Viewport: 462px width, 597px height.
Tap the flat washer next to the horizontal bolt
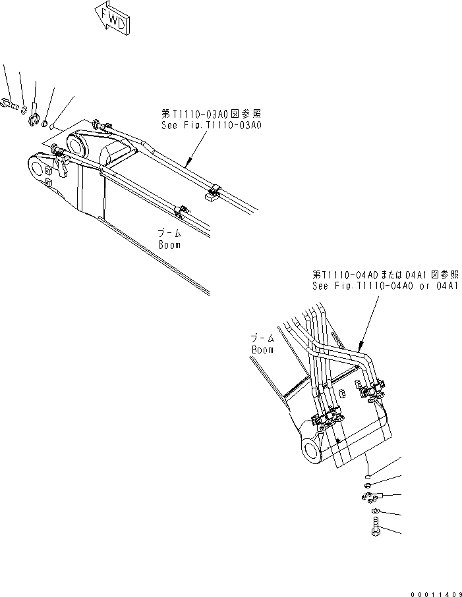pos(23,108)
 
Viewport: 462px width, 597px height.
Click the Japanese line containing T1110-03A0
pos(211,114)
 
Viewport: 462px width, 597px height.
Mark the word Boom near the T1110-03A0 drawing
pos(169,244)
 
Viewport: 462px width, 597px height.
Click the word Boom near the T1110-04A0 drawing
pos(262,350)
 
